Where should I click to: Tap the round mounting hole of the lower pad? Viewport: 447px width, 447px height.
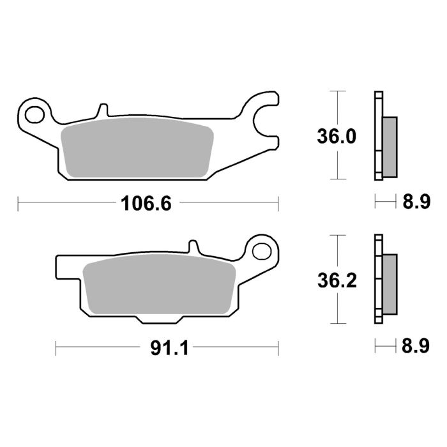click(262, 251)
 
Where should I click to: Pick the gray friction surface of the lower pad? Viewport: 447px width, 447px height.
click(160, 287)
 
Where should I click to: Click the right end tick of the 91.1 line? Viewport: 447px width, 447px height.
click(279, 348)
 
